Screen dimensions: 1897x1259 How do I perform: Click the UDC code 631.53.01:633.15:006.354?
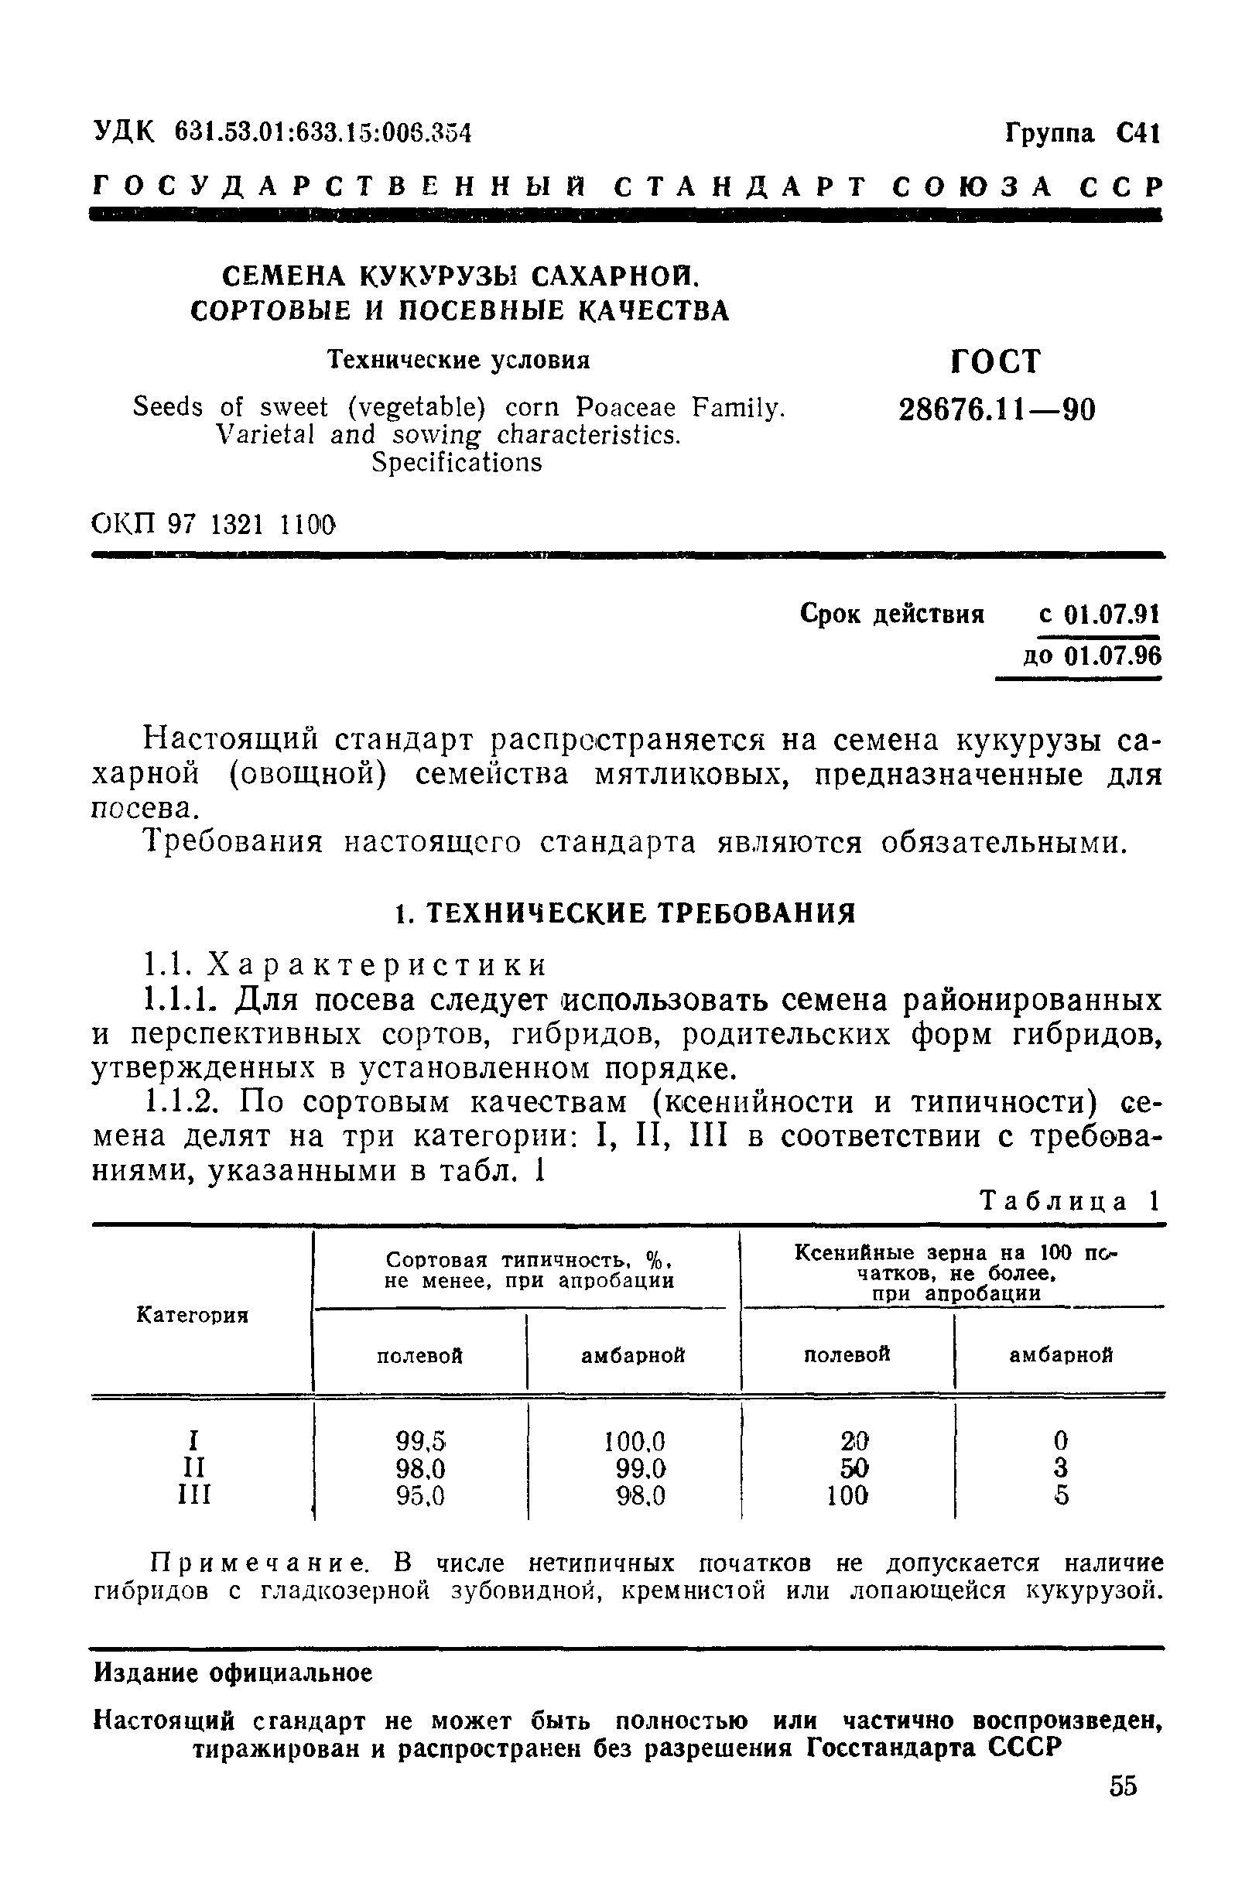(323, 132)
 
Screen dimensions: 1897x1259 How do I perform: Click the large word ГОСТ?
(996, 361)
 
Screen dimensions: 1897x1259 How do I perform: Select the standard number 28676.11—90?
(997, 410)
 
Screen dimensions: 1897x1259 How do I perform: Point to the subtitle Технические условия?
(458, 360)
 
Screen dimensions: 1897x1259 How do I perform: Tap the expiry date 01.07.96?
(1112, 656)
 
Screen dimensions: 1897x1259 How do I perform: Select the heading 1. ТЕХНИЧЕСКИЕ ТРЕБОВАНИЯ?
(626, 913)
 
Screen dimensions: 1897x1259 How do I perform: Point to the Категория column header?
(193, 1315)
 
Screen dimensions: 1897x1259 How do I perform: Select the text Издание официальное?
(234, 1673)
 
